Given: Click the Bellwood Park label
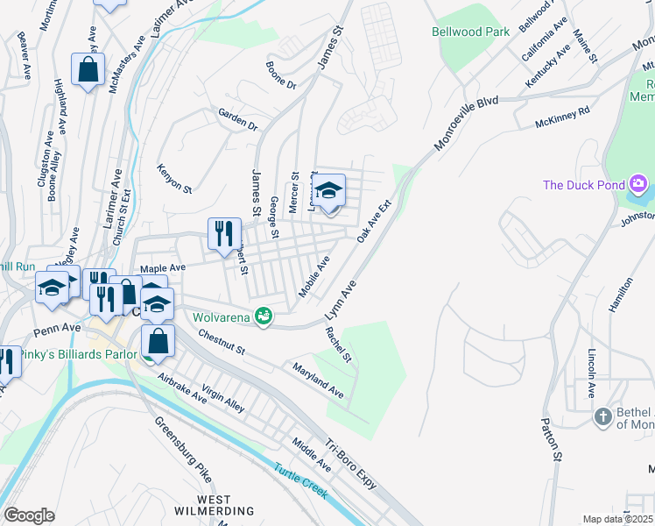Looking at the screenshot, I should (x=471, y=32).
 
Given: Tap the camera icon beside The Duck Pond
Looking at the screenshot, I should (x=638, y=184).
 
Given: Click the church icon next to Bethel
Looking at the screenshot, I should (x=602, y=416).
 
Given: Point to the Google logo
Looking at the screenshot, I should (x=29, y=515).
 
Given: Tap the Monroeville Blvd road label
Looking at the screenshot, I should (x=464, y=124).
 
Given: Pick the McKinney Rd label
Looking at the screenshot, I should (x=562, y=118).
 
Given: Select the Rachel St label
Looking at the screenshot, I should (x=337, y=345).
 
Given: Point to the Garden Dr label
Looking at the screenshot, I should (x=238, y=120).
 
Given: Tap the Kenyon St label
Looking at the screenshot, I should (x=173, y=177).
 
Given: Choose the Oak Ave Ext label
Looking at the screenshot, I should (x=373, y=221).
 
